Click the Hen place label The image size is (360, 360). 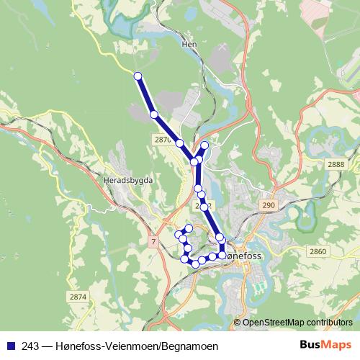point(190,44)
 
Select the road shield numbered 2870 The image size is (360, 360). point(163,139)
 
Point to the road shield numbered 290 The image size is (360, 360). point(269,206)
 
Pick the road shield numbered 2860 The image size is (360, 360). point(318,251)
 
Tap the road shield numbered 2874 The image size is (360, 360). point(78,297)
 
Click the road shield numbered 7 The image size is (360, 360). point(153,240)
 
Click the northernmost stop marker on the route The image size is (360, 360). point(138,76)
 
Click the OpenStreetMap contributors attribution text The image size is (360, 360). point(297,322)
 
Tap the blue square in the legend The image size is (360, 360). point(11,346)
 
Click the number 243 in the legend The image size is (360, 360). point(30,346)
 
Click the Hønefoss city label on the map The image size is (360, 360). point(243,256)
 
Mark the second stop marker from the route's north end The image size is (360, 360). point(153,114)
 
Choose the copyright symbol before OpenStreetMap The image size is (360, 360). point(238,322)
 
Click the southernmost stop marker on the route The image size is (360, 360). point(194,264)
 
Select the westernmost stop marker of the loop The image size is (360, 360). point(179,234)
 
